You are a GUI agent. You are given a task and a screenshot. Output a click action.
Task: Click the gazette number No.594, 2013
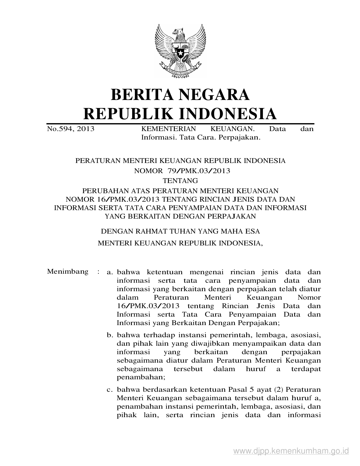[71, 129]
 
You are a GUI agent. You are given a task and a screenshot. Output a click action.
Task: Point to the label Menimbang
[68, 272]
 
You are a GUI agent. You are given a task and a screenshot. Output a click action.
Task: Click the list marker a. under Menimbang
[110, 272]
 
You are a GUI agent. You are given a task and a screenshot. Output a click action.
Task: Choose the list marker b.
[110, 335]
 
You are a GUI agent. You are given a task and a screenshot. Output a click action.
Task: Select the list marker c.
[110, 390]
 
